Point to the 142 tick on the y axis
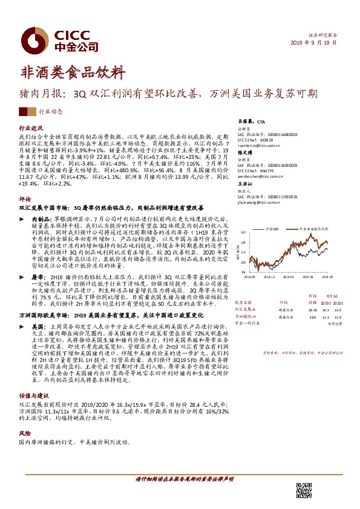click(243, 232)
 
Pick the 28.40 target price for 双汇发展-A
click(312, 308)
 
